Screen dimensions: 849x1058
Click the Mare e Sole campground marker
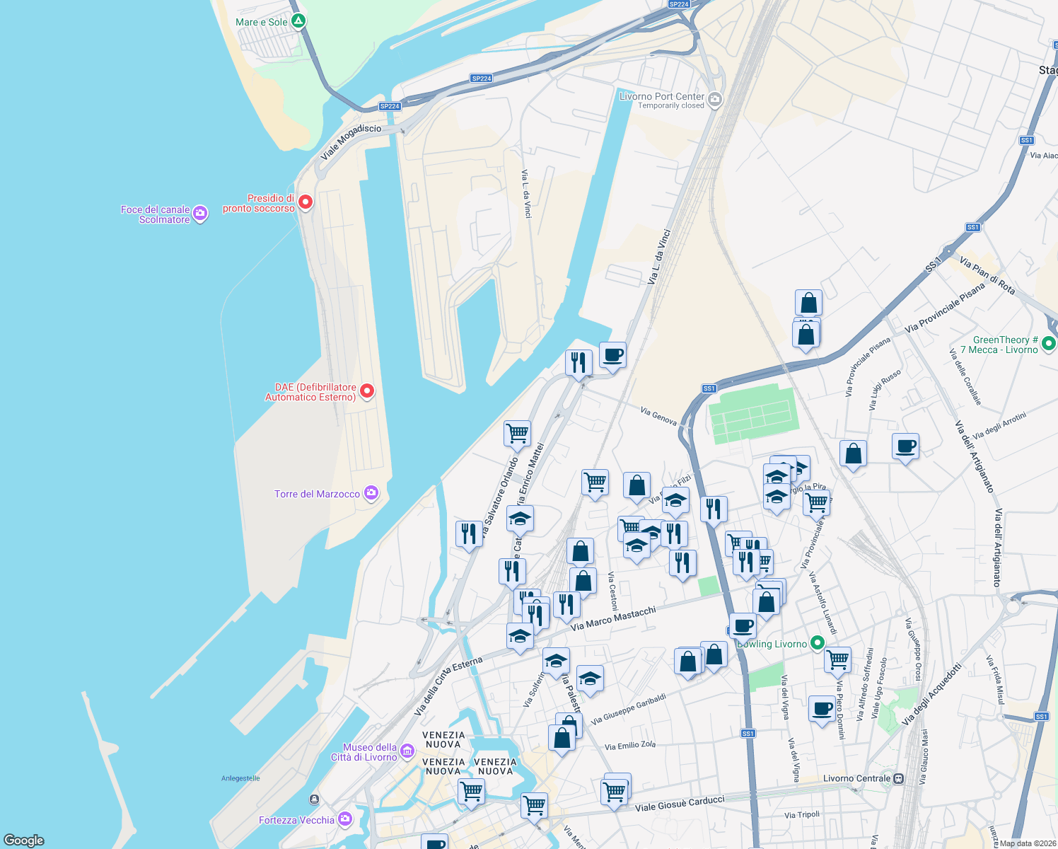298,21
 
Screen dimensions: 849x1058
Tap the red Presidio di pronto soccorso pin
306,202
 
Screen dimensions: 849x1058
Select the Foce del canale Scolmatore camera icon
200,214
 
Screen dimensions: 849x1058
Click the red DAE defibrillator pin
367,391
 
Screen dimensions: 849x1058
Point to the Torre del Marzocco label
317,494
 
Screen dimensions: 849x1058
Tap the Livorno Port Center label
662,97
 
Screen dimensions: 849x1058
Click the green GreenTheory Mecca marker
1050,344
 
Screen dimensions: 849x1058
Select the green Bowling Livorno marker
818,643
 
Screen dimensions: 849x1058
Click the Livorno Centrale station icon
898,778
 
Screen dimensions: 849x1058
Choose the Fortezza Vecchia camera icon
345,819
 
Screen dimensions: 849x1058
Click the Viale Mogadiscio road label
351,141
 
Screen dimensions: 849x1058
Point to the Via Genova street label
658,416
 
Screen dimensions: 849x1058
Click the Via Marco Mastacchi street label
613,618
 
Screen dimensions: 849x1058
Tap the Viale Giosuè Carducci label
680,804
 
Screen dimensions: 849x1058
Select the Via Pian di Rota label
987,275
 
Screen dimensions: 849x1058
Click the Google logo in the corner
24,840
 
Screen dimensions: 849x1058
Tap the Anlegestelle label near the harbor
240,778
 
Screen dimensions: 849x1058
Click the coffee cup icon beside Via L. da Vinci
612,355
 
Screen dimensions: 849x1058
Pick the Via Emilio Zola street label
630,746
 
